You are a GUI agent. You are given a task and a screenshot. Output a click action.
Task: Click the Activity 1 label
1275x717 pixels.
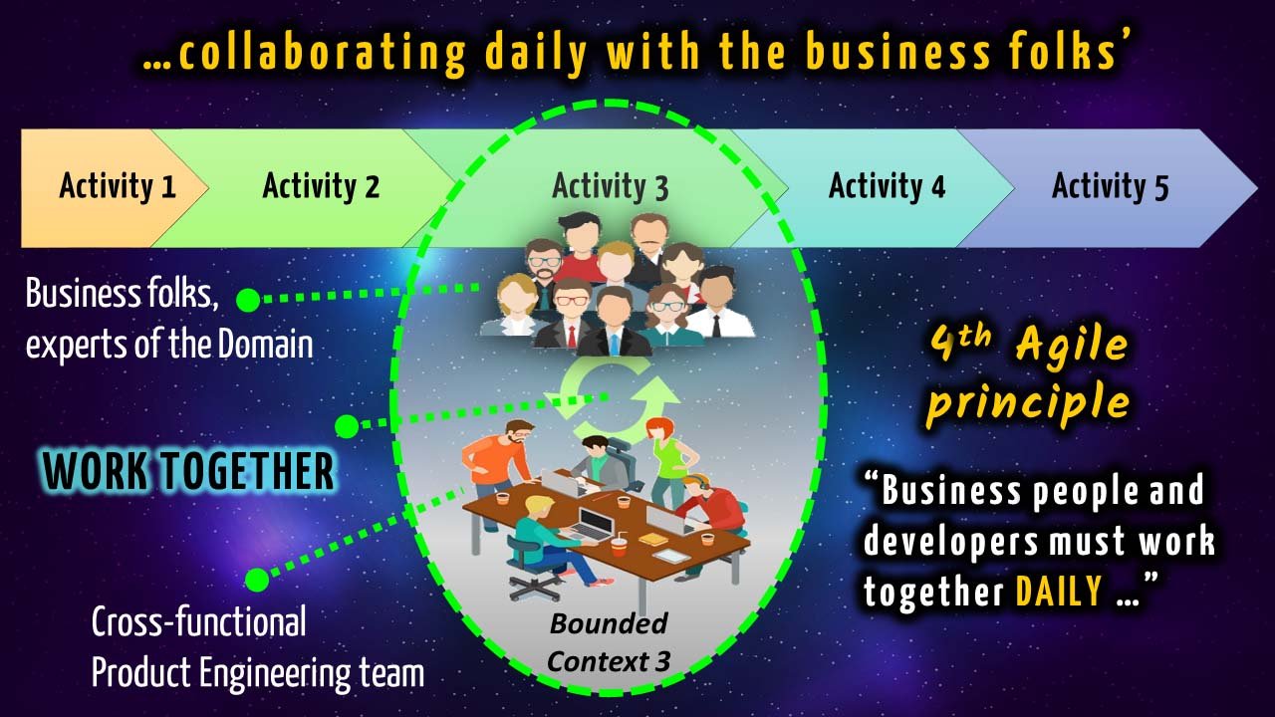click(118, 186)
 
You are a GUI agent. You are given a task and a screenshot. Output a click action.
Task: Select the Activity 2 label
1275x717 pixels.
click(321, 186)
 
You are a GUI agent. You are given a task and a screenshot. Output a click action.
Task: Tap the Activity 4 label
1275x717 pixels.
click(887, 186)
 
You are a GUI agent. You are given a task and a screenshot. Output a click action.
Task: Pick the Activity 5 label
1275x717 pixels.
click(1110, 186)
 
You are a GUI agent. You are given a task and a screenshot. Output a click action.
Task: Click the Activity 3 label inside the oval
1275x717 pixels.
click(611, 186)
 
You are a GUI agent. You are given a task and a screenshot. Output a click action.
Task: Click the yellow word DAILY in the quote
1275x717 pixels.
click(1059, 592)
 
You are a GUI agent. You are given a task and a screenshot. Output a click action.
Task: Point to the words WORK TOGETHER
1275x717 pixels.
click(188, 471)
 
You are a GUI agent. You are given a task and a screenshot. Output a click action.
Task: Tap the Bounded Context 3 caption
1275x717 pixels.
click(609, 642)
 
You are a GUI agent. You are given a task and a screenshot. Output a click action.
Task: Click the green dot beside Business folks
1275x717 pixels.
click(248, 300)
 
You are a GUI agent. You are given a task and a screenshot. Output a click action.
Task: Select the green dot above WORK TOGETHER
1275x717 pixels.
click(347, 426)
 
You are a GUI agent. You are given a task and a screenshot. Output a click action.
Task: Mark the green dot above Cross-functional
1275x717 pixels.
click(257, 580)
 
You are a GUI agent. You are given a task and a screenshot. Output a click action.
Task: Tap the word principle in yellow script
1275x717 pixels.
click(1028, 403)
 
